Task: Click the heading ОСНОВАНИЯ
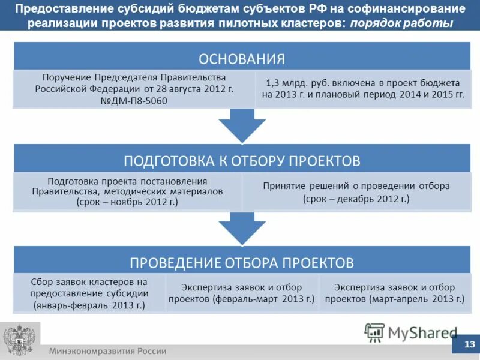242,59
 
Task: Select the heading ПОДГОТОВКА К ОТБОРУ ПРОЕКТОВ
242,161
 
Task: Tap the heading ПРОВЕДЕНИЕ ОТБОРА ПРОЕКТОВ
242,263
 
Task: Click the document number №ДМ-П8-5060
134,101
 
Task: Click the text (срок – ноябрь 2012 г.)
127,202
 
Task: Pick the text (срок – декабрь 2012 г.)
356,198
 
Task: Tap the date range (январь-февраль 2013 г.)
89,305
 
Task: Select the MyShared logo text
422,332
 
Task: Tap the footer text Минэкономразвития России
108,351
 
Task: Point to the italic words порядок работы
401,23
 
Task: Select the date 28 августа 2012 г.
199,89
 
